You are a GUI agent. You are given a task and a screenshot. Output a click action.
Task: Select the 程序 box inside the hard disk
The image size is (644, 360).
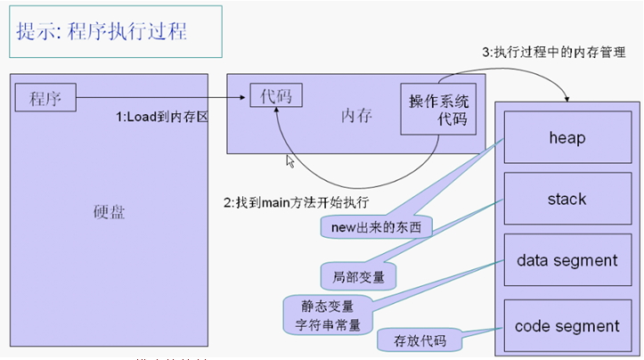(45, 97)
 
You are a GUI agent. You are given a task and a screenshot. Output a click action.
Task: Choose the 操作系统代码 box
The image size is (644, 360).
(438, 110)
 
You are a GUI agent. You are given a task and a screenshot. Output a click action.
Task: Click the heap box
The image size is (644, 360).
(567, 138)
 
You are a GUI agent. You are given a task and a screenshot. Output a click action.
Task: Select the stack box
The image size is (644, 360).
(567, 199)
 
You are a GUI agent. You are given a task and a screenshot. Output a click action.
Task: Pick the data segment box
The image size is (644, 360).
(567, 260)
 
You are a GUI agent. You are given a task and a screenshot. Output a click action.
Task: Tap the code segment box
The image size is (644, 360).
(567, 326)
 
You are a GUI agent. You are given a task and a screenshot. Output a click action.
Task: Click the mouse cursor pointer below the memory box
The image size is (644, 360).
(289, 161)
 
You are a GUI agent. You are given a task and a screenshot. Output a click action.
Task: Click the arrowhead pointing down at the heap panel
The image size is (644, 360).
(567, 98)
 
